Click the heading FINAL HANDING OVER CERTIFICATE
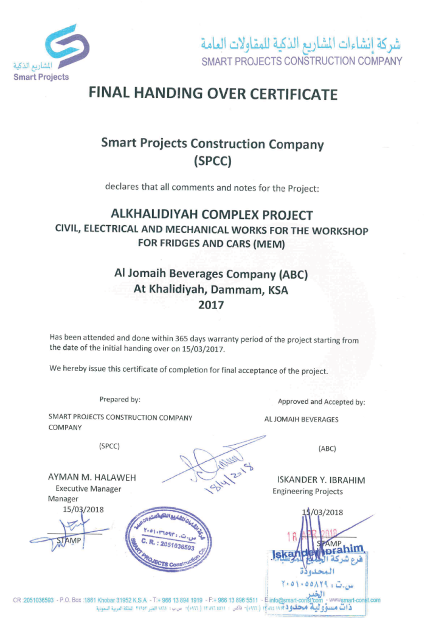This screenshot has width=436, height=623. [213, 94]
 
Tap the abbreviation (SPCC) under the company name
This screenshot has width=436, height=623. [212, 161]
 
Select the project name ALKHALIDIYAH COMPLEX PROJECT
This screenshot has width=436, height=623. [212, 215]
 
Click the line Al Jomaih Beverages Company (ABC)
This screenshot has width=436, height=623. [211, 274]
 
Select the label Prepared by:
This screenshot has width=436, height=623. [120, 400]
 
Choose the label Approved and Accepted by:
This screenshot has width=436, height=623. [321, 402]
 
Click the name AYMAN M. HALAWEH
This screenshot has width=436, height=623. [92, 478]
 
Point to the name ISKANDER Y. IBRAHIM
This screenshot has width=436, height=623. [321, 480]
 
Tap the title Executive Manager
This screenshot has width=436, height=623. [88, 489]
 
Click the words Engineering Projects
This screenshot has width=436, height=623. [307, 491]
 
